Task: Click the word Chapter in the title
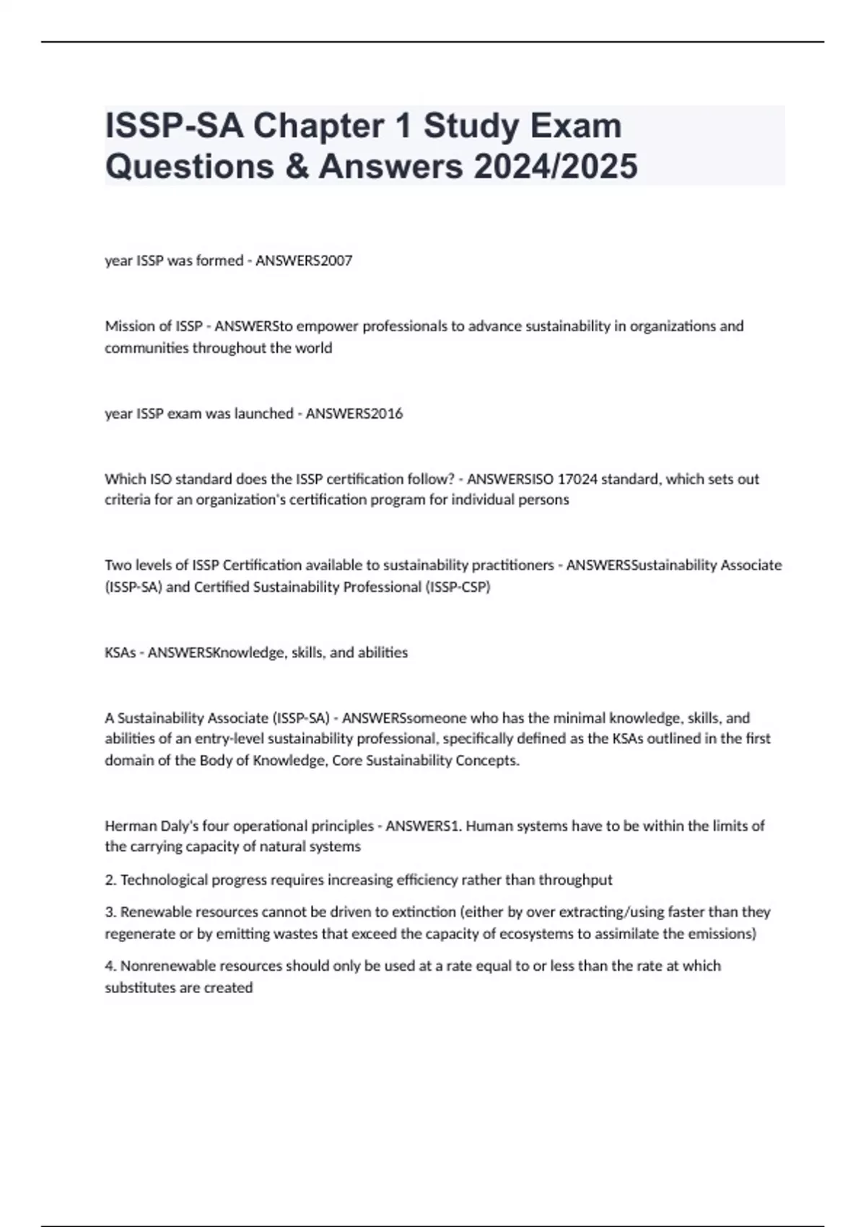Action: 333,126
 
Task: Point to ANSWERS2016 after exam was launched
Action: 354,414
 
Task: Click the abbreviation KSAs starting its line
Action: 120,652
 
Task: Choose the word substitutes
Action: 139,987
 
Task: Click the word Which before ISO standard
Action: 125,479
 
